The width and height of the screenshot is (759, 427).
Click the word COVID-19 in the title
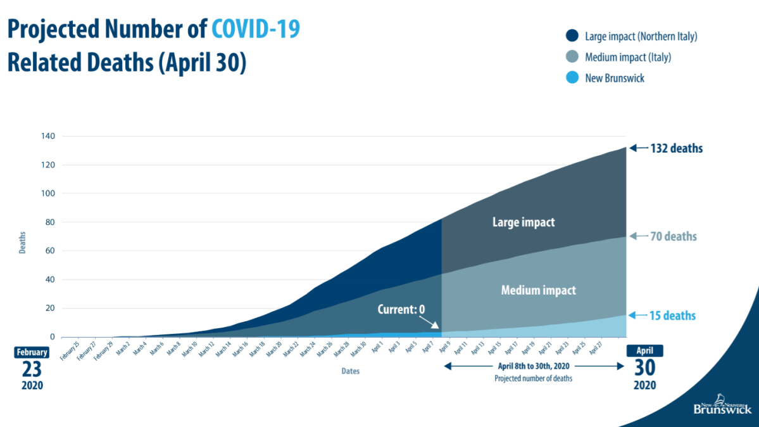click(256, 30)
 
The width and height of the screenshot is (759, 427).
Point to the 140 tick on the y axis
click(49, 136)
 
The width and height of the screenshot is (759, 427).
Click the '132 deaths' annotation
click(676, 149)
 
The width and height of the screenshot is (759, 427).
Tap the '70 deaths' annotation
click(673, 237)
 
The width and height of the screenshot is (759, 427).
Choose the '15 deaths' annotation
click(673, 316)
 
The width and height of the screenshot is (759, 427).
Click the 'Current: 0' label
click(401, 310)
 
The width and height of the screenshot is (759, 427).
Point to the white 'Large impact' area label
click(523, 222)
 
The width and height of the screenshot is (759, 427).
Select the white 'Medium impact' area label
click(538, 291)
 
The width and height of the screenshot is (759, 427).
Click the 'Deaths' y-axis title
click(23, 242)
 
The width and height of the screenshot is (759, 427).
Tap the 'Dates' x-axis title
click(350, 371)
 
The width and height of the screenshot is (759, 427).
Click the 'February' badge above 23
click(32, 353)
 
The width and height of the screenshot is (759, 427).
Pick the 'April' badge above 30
click(644, 351)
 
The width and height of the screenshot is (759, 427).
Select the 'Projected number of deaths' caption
click(534, 378)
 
